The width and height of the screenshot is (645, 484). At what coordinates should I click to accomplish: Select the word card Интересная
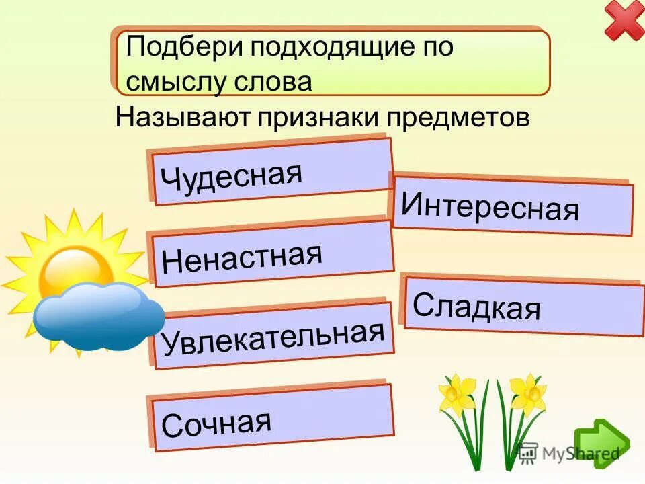coord(511,206)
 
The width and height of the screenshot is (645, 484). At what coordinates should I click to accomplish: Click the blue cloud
coord(97,316)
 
